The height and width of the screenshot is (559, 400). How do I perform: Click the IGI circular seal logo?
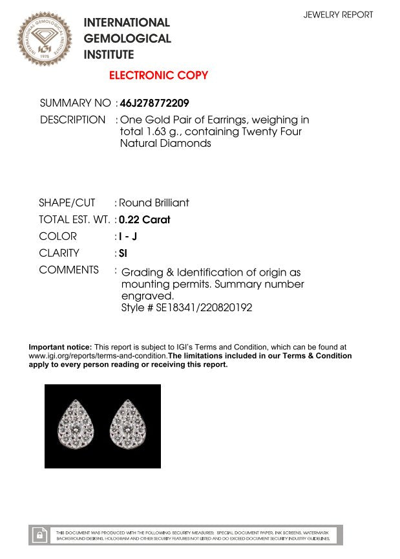[45, 39]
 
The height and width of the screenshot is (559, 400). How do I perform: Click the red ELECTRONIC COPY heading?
[158, 75]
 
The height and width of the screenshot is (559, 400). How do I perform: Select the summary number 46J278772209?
[154, 103]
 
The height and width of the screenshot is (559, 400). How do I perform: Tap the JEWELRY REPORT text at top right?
[338, 14]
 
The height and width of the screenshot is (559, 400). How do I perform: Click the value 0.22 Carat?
[145, 219]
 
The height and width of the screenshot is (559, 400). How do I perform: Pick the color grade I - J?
[128, 236]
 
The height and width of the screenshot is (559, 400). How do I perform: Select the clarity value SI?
[123, 253]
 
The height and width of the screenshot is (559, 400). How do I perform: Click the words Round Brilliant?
[154, 203]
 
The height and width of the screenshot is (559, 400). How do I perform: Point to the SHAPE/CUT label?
[67, 203]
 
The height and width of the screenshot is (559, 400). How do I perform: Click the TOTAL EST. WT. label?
[74, 219]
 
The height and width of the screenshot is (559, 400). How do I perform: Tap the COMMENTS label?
[68, 270]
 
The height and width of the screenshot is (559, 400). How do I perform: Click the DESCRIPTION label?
[72, 120]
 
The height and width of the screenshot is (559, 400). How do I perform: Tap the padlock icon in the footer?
[40, 535]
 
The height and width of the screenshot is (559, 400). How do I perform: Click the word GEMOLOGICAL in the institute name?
[127, 39]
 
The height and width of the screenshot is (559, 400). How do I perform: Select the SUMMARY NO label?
[75, 103]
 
